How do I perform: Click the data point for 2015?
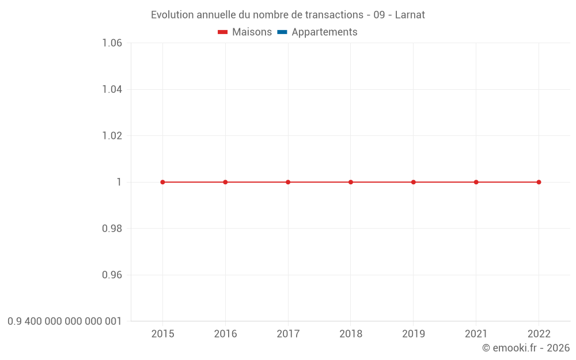click(x=162, y=182)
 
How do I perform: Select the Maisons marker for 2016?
click(x=225, y=182)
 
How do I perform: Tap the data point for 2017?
click(x=288, y=182)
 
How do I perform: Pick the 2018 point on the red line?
click(x=351, y=182)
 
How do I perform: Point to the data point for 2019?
click(x=414, y=182)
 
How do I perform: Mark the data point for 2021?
click(x=476, y=182)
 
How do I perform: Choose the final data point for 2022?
click(x=539, y=182)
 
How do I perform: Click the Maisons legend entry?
click(x=245, y=32)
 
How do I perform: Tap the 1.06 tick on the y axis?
click(x=112, y=43)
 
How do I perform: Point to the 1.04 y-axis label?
click(x=112, y=89)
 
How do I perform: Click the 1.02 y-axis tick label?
click(x=112, y=136)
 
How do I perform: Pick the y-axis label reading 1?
click(x=119, y=182)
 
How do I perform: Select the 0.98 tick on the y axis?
click(x=112, y=229)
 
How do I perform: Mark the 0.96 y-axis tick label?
click(x=112, y=275)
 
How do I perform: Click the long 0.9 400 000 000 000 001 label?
click(x=65, y=321)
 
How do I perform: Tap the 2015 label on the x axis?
click(x=162, y=334)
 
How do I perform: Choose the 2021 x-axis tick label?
click(x=476, y=334)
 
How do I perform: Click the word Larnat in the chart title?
click(x=410, y=15)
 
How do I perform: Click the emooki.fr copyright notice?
click(x=526, y=348)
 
